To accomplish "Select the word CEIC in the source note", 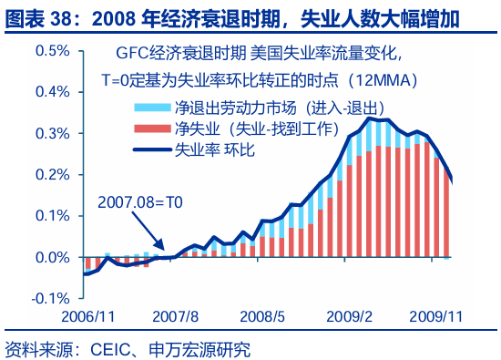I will pos(104,348).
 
